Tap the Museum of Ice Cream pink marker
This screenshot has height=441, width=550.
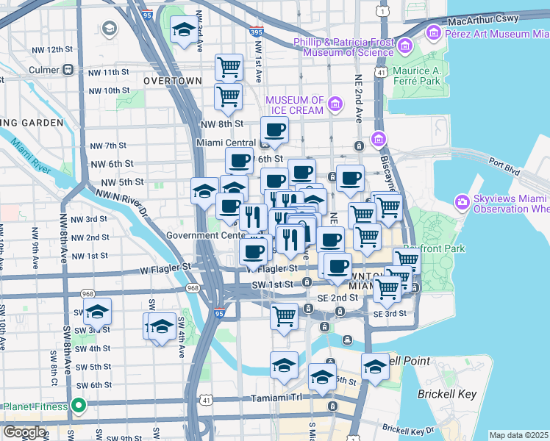[x=335, y=105]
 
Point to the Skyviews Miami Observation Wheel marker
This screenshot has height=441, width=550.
[x=462, y=201]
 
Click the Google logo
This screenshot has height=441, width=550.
[x=24, y=432]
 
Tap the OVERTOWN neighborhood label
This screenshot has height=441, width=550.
[x=173, y=80]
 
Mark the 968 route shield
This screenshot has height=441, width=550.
[x=193, y=287]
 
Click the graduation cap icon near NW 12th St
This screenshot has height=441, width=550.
[x=183, y=30]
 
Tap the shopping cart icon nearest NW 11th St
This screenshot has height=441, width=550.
[x=229, y=68]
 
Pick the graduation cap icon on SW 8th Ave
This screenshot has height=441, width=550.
[x=96, y=313]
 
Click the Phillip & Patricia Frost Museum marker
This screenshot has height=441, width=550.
[x=404, y=47]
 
